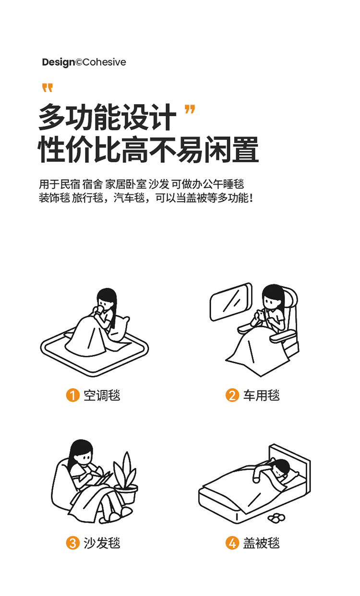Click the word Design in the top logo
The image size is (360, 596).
click(59, 62)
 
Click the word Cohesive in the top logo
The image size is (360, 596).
click(104, 62)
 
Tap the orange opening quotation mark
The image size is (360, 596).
click(48, 88)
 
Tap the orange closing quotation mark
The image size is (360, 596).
click(190, 109)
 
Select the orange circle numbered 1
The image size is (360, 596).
click(73, 395)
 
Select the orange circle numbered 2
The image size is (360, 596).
click(232, 395)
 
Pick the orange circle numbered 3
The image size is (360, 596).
click(73, 543)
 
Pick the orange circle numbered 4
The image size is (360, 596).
click(232, 543)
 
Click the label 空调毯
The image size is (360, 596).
click(102, 395)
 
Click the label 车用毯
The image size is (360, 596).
click(261, 395)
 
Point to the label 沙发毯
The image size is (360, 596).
click(102, 543)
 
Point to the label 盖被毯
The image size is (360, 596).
click(261, 543)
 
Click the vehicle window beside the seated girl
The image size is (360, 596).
click(231, 302)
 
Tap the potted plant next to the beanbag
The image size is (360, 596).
click(125, 477)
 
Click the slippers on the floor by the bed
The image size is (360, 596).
click(276, 517)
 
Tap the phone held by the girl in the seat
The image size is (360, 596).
click(262, 315)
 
